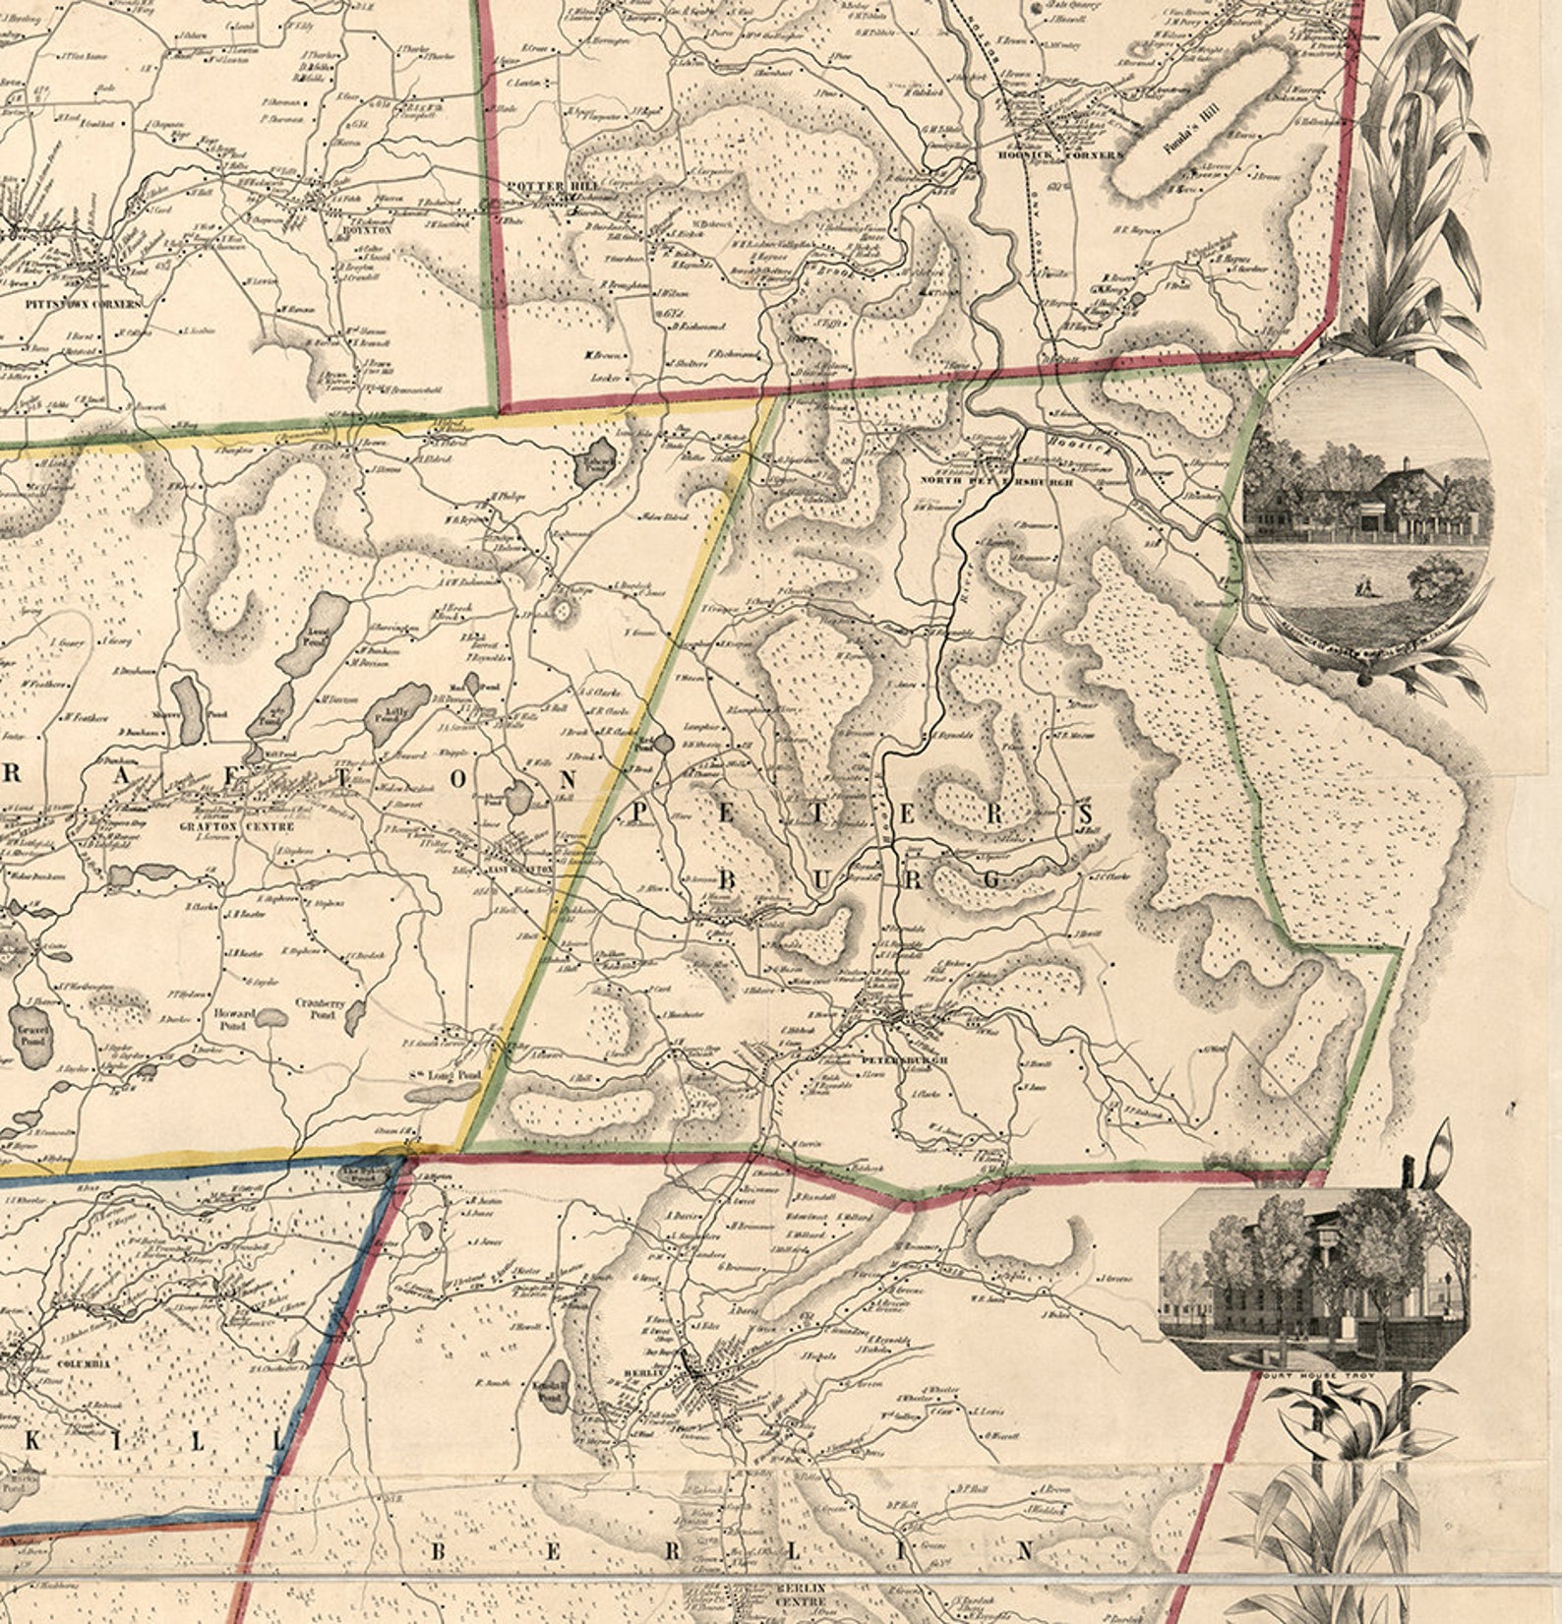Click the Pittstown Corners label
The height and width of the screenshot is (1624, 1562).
coord(85,304)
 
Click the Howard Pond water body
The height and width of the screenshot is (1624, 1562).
coord(271,1017)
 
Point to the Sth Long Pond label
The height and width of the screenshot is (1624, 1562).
coord(445,1075)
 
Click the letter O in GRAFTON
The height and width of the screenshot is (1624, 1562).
coord(457,777)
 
